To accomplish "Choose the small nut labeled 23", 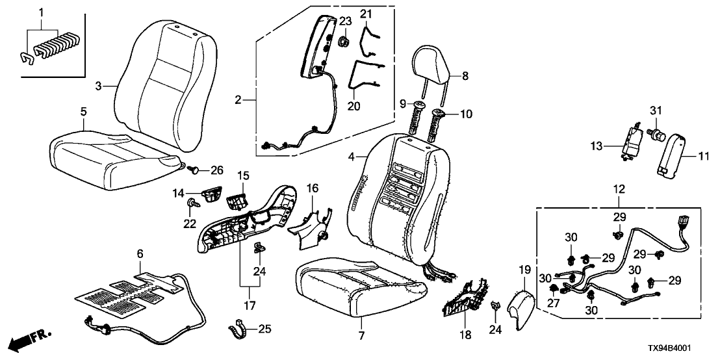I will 344,42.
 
